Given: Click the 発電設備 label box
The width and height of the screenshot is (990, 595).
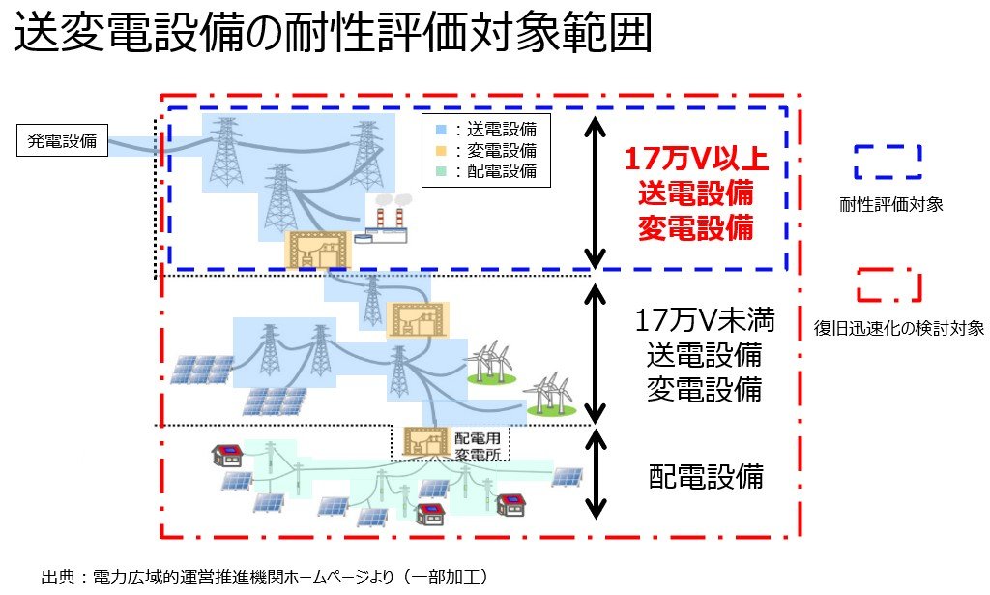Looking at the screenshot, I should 62,141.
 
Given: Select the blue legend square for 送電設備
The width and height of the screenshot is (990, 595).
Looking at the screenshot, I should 441,128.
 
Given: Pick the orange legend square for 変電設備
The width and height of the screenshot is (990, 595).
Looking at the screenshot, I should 441,151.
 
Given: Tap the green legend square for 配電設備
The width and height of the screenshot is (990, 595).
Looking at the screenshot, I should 441,173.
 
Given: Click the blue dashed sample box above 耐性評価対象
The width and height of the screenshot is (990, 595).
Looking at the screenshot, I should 888,162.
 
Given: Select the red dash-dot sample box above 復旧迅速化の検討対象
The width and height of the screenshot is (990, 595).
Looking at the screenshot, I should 888,286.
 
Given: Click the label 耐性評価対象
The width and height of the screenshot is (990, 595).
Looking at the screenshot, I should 888,204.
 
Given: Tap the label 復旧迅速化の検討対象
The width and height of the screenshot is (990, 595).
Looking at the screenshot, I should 899,329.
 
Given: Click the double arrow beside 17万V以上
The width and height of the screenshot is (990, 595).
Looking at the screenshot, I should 597,191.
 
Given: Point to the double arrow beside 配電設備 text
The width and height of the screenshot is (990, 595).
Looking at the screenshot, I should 597,475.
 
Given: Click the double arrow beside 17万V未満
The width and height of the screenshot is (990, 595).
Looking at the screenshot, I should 597,350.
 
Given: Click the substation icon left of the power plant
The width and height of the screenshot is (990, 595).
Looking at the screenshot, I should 315,250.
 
